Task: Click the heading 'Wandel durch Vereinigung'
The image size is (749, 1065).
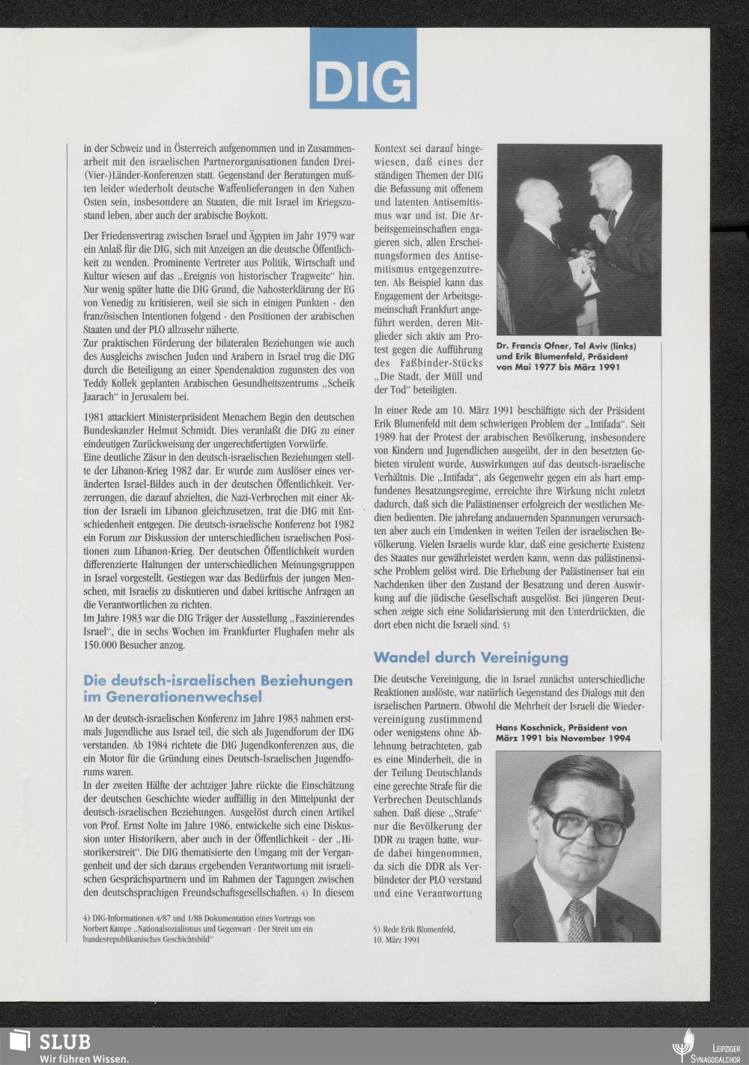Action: coord(470,658)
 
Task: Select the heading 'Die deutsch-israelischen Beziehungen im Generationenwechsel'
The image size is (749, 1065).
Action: coord(218,689)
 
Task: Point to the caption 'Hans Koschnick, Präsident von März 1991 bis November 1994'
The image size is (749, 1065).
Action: coord(562,732)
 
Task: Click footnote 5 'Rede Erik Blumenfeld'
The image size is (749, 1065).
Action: coord(414,934)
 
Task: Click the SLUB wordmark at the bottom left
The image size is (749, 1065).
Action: coord(65,1041)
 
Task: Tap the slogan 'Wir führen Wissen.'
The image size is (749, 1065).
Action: coord(70,1058)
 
